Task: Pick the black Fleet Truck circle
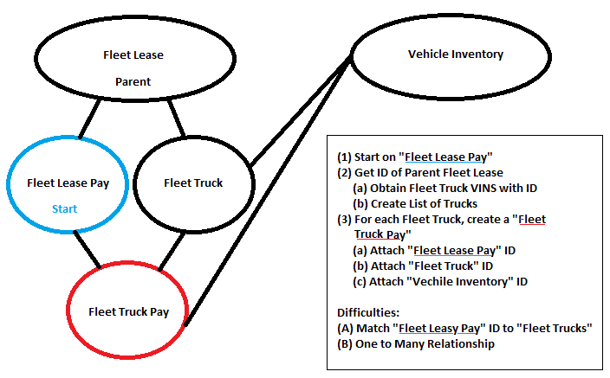point(192,183)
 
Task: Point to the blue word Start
point(64,208)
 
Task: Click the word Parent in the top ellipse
point(133,82)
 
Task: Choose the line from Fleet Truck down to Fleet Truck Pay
point(172,250)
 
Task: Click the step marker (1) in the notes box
point(345,157)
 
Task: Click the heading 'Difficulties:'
point(364,311)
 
